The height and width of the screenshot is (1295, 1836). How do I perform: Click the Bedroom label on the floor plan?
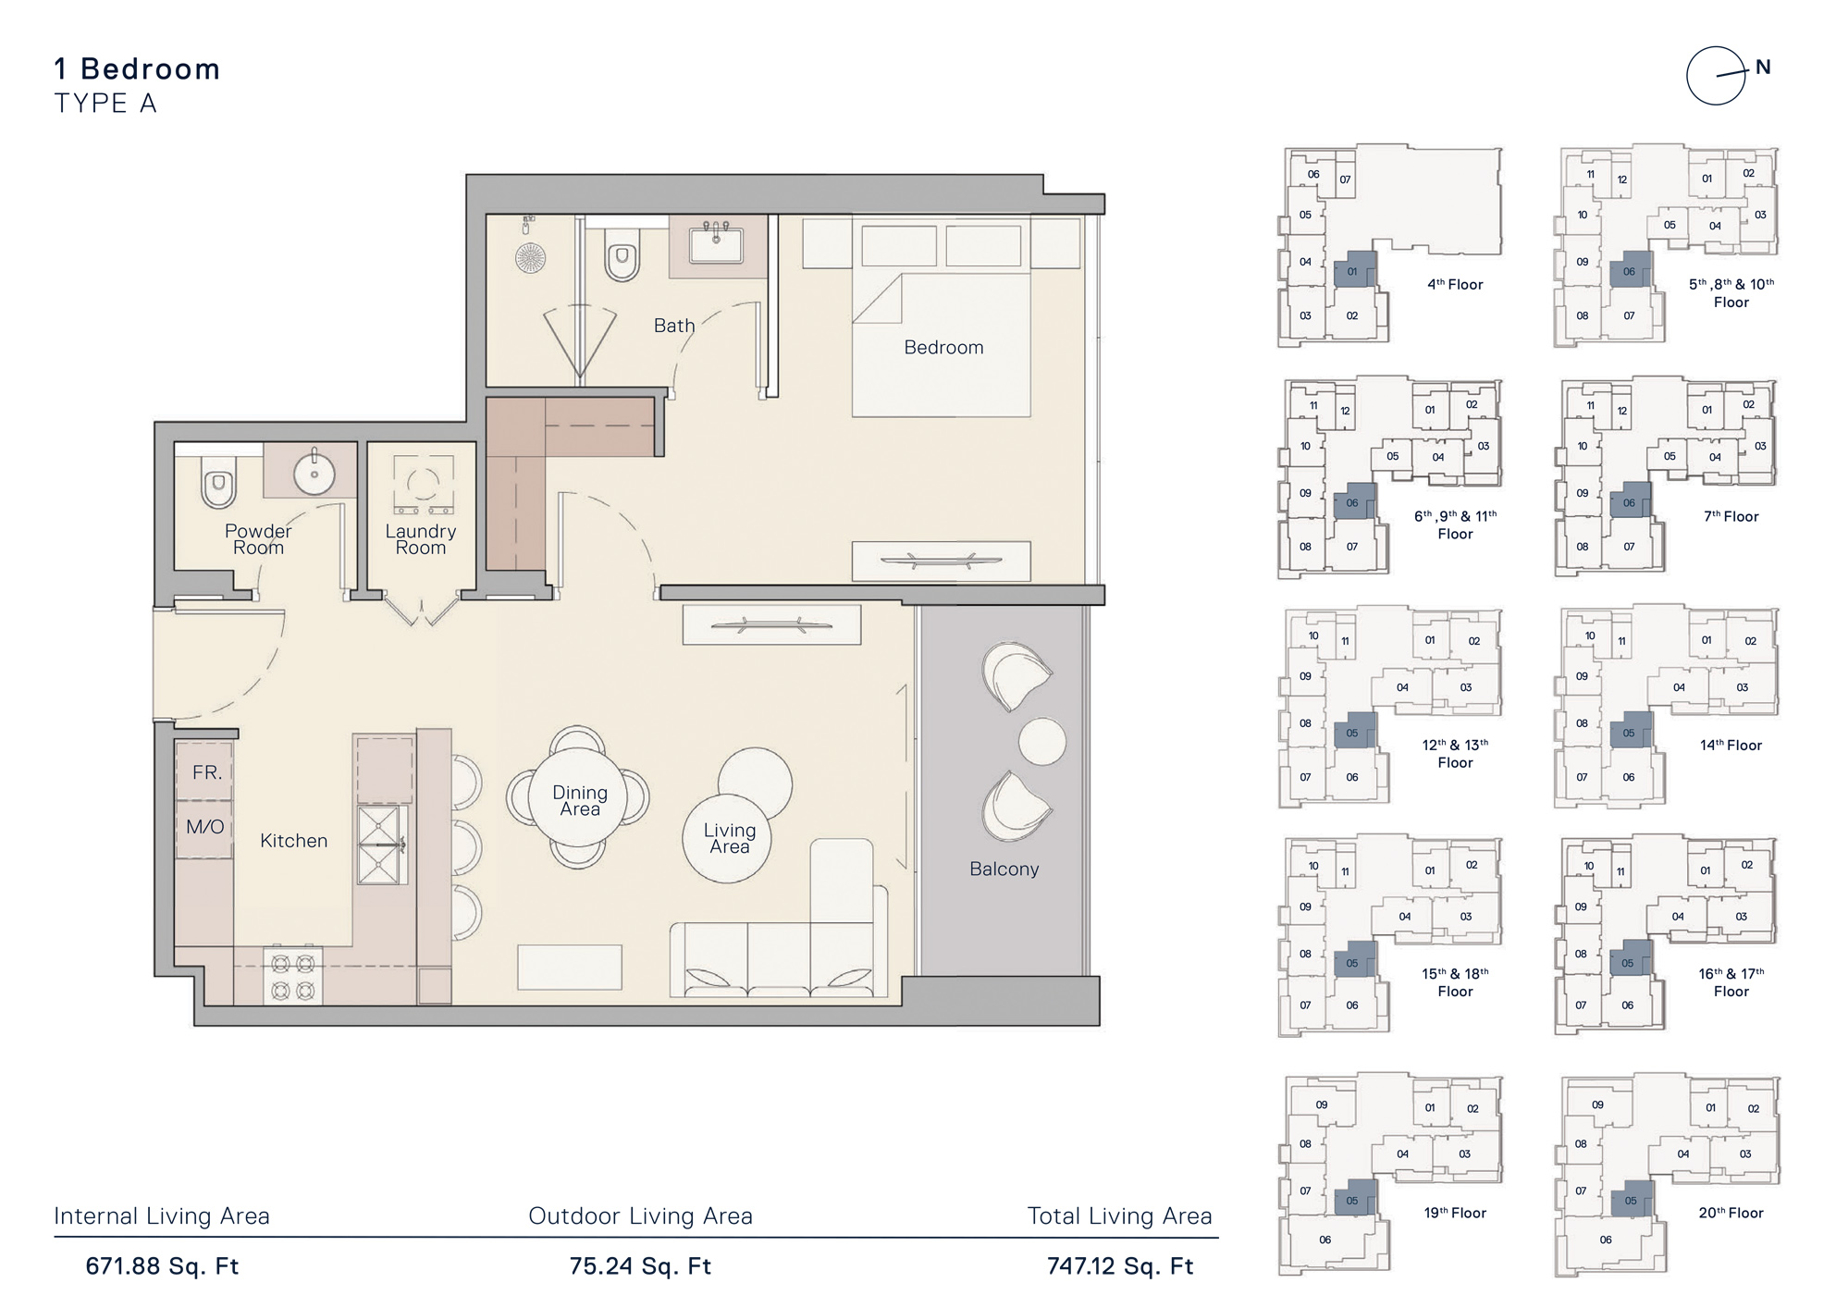point(943,348)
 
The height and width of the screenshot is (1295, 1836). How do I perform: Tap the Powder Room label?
point(257,539)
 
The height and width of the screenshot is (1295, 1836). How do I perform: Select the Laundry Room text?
point(420,539)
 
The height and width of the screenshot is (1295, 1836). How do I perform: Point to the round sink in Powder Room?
point(314,475)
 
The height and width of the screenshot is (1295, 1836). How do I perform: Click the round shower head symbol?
point(531,257)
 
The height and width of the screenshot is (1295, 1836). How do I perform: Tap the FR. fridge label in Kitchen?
point(206,772)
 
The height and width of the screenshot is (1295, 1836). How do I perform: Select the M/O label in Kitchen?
point(204,827)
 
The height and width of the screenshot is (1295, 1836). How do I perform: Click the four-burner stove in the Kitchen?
point(293,977)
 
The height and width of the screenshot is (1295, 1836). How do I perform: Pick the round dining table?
point(579,798)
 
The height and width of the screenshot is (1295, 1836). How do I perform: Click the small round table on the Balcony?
point(1041,741)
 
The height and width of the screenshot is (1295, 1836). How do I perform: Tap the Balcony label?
point(1004,869)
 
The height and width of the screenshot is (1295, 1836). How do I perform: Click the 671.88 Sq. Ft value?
point(162,1266)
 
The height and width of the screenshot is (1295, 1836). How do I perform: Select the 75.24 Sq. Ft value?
point(640,1266)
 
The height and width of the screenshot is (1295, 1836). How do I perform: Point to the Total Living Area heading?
point(1119,1216)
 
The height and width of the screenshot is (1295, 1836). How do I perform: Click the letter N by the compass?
point(1763,68)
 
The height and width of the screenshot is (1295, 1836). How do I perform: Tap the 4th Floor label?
point(1454,285)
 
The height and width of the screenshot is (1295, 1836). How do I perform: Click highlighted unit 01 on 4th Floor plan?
point(1352,271)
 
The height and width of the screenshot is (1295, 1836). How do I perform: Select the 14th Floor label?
point(1731,746)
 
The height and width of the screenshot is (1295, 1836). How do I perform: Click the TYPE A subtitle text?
point(105,104)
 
